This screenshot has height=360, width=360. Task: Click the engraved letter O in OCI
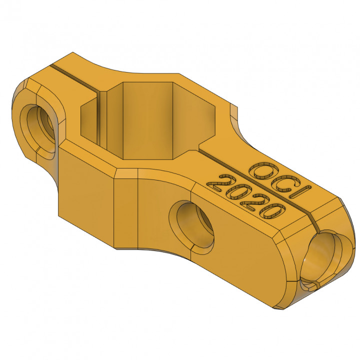(261, 171)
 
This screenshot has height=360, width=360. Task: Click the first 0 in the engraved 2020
(235, 191)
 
